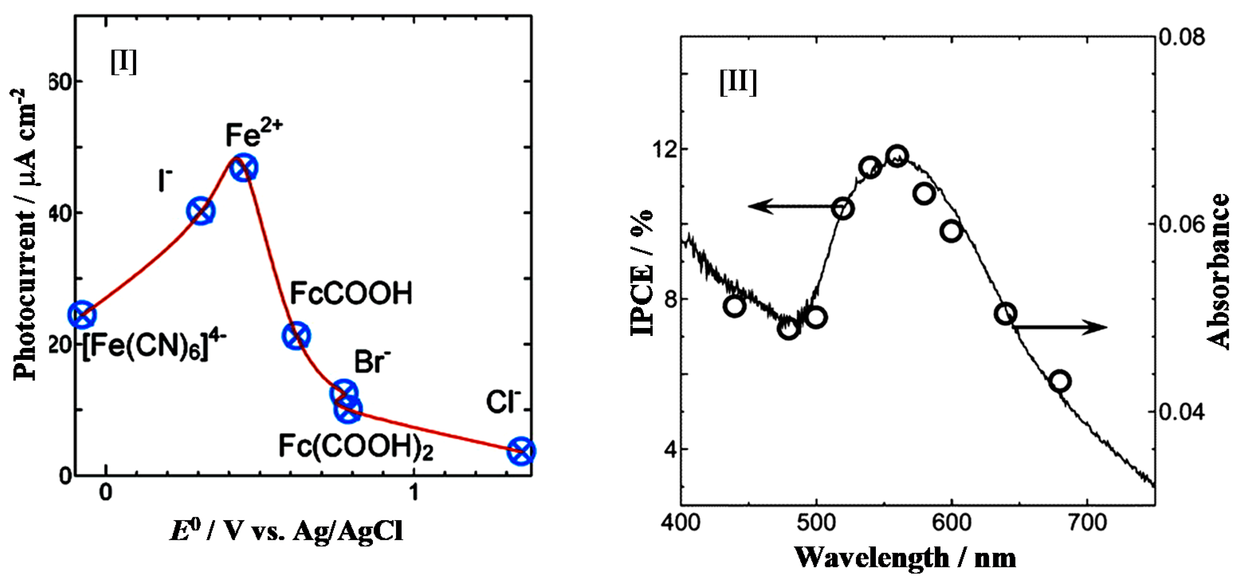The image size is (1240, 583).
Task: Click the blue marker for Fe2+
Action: [244, 168]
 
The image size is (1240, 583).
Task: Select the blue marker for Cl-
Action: [521, 451]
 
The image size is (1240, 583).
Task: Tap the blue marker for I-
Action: [200, 211]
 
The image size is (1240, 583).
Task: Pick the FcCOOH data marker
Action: [296, 336]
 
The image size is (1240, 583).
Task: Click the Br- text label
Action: [373, 362]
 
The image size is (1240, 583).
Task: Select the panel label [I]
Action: [124, 62]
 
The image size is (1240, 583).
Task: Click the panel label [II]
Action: [738, 82]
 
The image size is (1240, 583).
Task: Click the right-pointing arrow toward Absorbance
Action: [1059, 328]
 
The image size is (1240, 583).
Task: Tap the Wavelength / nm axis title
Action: [905, 557]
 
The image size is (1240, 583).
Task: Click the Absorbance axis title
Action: [1220, 271]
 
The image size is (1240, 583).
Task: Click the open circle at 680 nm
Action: [1060, 381]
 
